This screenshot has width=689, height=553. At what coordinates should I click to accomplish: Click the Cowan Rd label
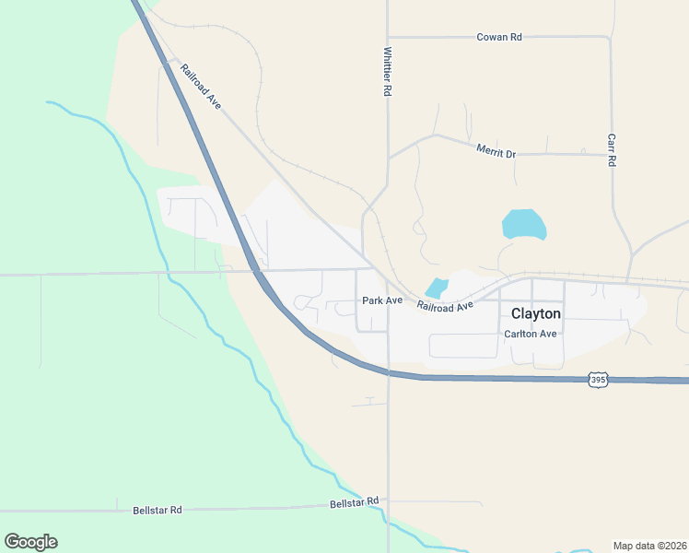point(499,37)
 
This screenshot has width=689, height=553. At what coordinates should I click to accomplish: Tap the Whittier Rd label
point(389,73)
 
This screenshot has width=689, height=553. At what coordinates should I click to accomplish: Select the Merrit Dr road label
point(496,150)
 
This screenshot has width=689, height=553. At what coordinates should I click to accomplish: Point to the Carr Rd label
point(611,148)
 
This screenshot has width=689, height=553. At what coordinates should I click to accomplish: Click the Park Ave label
point(382,300)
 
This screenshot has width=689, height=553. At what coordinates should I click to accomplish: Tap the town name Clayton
point(535,313)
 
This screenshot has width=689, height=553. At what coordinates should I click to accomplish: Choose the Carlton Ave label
point(530,334)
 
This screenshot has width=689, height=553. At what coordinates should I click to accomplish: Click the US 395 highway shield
point(598,380)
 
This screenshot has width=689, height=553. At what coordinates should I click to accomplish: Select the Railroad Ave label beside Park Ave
point(445,305)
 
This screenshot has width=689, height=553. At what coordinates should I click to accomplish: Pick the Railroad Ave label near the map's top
point(201,87)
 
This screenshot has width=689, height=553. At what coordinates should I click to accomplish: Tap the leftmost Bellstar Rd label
point(158,510)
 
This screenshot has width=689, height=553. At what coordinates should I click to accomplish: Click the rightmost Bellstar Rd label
point(355,502)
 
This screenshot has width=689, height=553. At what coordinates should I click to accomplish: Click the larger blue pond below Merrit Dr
point(523,224)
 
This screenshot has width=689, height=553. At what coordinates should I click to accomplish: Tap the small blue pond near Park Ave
point(437,288)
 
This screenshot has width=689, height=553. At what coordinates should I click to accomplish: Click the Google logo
point(30,542)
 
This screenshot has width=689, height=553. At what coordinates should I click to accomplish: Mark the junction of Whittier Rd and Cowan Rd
point(388,37)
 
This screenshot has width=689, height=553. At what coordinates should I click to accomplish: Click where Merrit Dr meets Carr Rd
point(611,154)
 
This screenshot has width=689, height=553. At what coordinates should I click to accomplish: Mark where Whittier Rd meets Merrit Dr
point(388,158)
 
